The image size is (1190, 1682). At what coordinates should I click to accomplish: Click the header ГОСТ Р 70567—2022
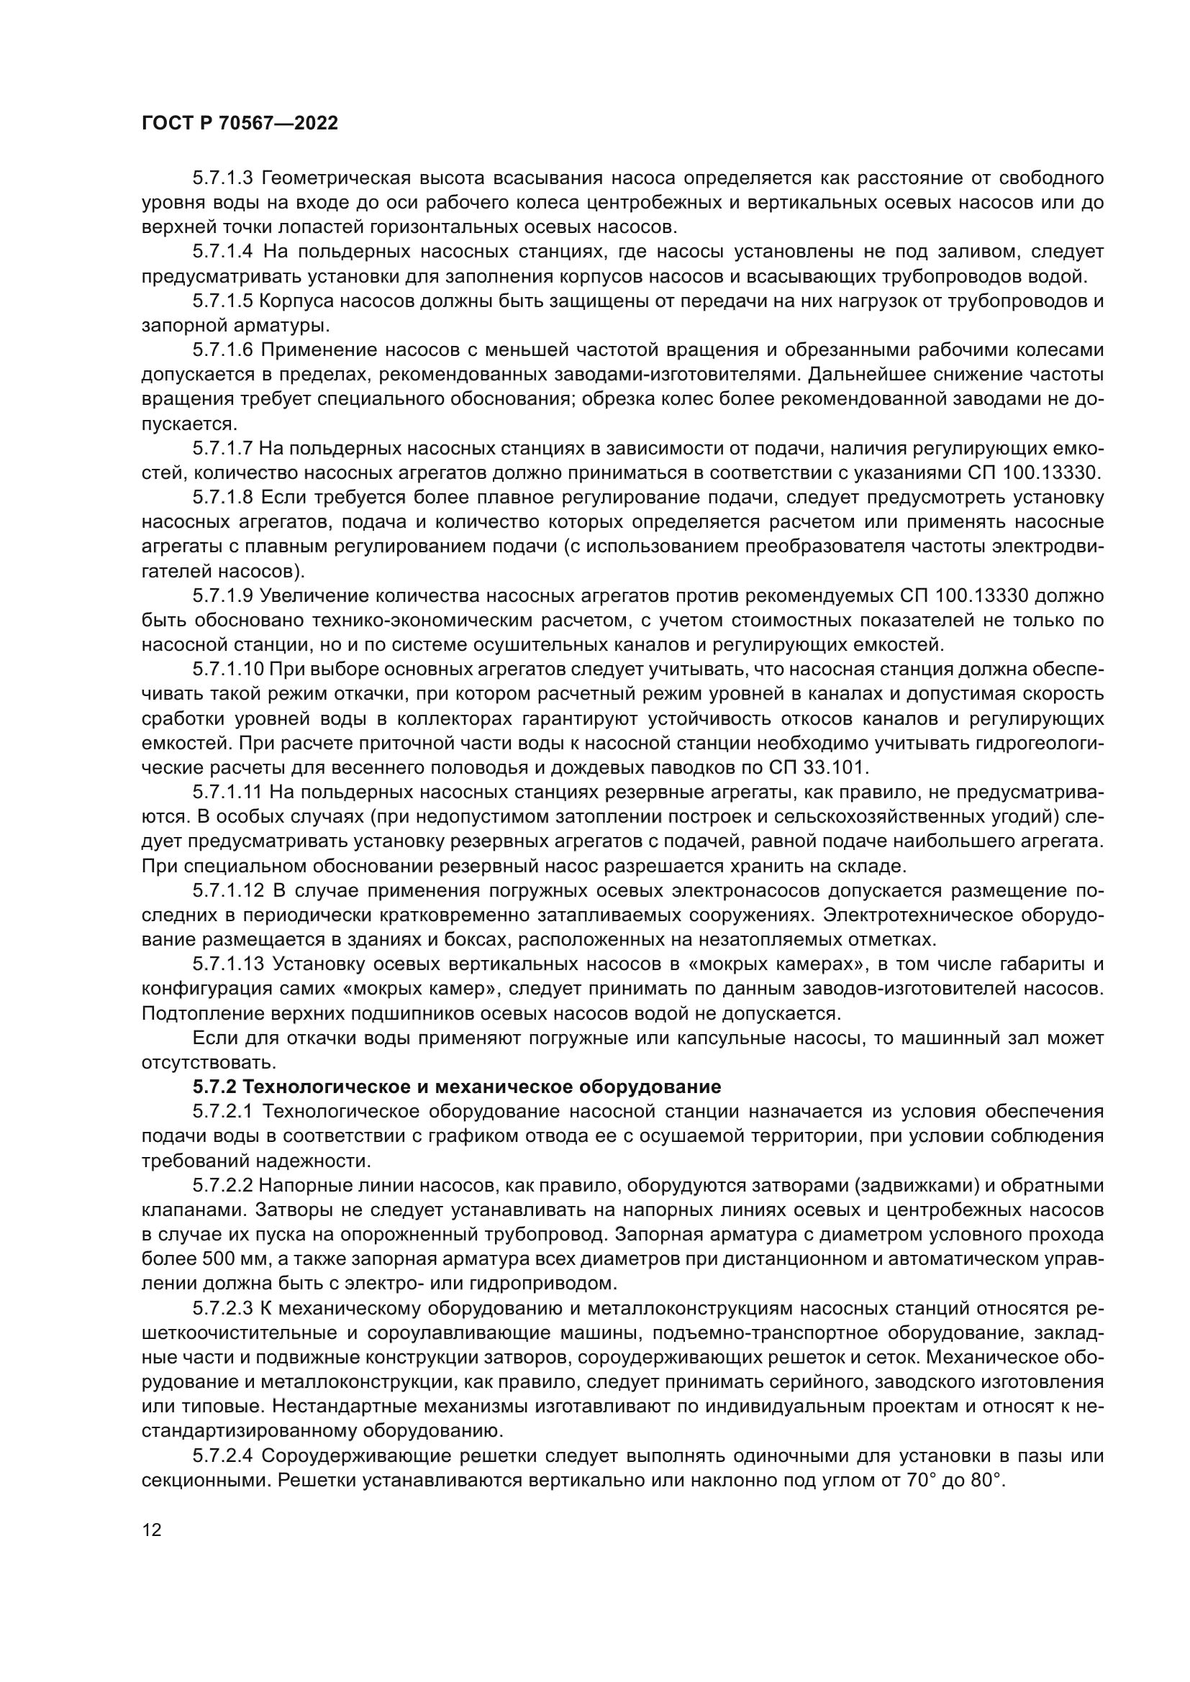click(x=240, y=124)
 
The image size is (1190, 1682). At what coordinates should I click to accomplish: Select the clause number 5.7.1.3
click(x=222, y=178)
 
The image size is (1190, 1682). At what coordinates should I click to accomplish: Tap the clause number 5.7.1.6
click(x=222, y=350)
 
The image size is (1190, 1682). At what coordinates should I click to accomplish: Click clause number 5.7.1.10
click(x=227, y=669)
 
